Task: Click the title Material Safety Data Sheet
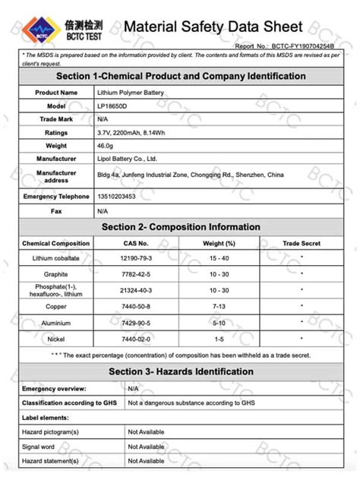pyautogui.click(x=213, y=27)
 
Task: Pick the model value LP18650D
pyautogui.click(x=112, y=106)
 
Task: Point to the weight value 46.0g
pyautogui.click(x=106, y=145)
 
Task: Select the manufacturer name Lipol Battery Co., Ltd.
pyautogui.click(x=127, y=159)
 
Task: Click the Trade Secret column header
pyautogui.click(x=302, y=243)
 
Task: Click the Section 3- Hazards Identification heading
pyautogui.click(x=180, y=371)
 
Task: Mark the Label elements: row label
pyautogui.click(x=46, y=417)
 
